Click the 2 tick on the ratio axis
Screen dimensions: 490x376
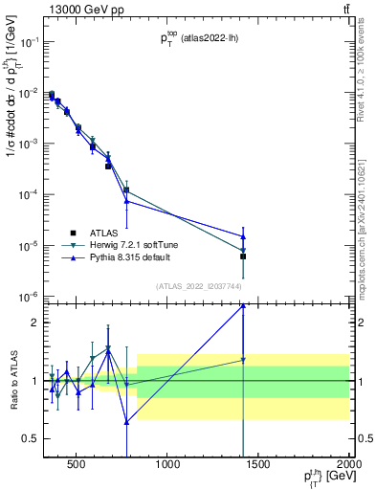[33, 323]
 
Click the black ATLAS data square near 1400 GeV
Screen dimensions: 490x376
[243, 256]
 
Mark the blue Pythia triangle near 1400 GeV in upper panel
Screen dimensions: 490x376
[243, 236]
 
